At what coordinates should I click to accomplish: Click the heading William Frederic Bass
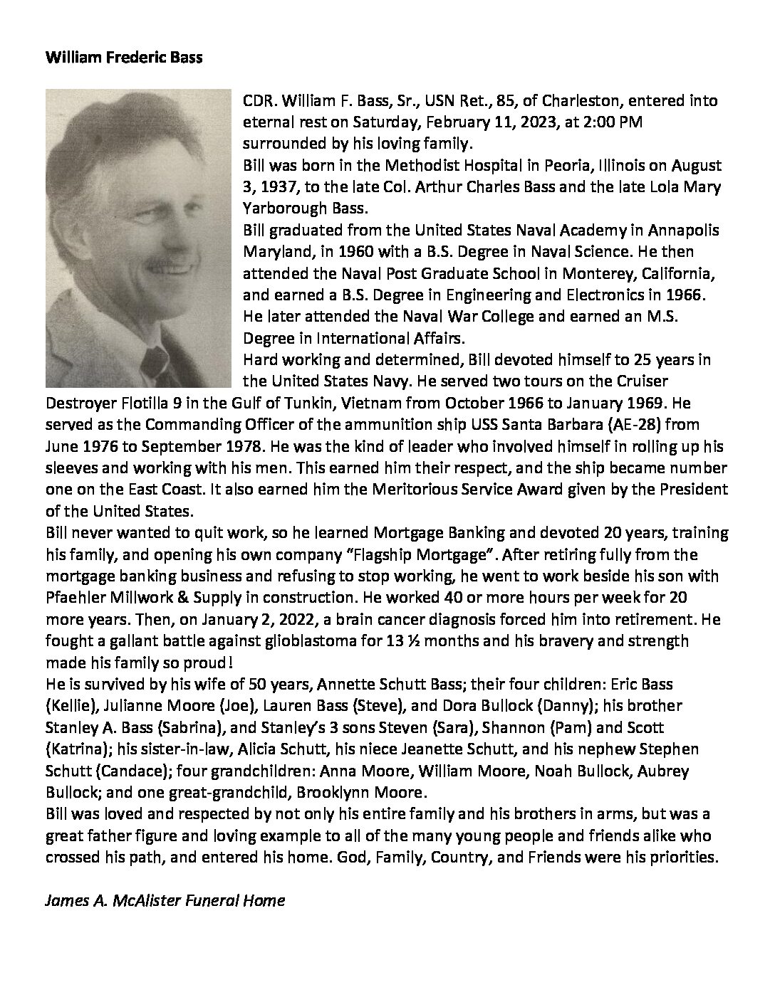click(x=124, y=58)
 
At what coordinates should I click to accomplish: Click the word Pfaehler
click(x=74, y=597)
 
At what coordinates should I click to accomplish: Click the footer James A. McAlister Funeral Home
click(x=165, y=900)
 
